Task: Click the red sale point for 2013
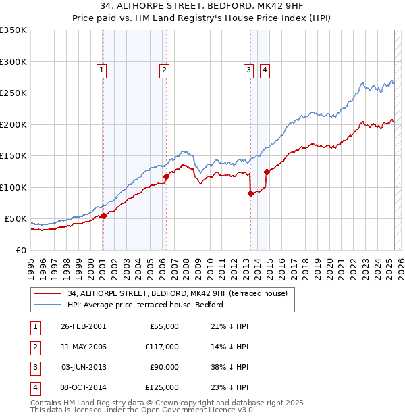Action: click(250, 193)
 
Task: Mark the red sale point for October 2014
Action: click(267, 171)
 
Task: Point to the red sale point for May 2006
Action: click(166, 176)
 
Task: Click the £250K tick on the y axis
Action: click(13, 93)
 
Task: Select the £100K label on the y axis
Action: click(13, 187)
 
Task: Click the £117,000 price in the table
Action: click(162, 347)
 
